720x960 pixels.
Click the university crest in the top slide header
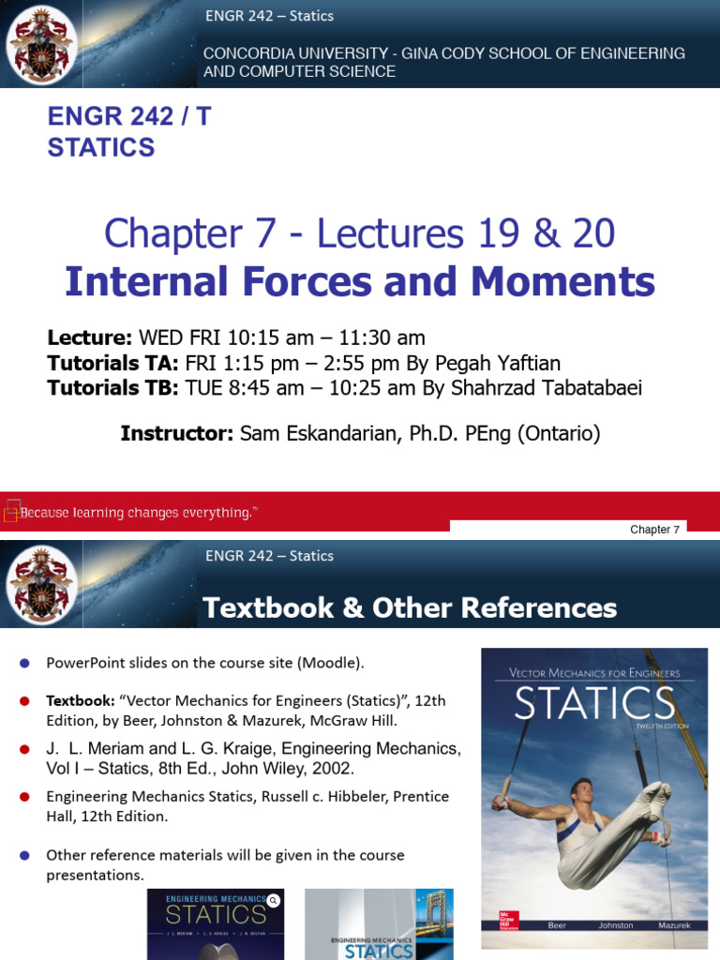point(38,45)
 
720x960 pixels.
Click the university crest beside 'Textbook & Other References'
point(38,586)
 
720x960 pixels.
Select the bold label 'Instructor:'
point(176,433)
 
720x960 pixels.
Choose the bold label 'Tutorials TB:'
point(112,388)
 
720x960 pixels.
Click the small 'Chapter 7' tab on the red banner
point(655,530)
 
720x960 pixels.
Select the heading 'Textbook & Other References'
point(410,608)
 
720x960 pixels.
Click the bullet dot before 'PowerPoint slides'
point(24,664)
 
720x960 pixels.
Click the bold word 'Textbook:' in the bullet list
point(79,700)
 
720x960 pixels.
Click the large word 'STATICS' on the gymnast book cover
point(595,702)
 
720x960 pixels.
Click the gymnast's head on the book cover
point(583,791)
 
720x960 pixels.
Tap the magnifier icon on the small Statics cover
point(273,900)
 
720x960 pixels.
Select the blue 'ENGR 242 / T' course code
point(129,117)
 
